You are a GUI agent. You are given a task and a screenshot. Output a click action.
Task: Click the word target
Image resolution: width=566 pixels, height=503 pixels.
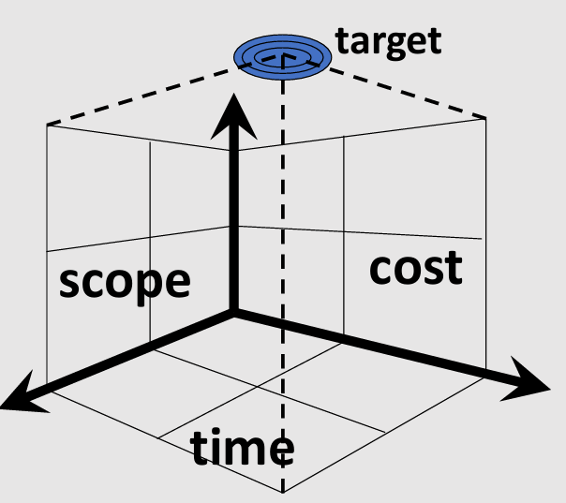388,40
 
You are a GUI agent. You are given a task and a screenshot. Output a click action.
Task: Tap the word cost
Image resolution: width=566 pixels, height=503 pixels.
415,268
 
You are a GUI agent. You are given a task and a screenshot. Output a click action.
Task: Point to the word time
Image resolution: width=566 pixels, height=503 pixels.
243,449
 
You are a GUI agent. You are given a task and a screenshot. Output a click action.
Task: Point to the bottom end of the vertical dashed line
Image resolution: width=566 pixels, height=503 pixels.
283,491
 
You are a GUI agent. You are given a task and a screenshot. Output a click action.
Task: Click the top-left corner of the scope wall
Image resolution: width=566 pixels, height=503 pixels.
47,124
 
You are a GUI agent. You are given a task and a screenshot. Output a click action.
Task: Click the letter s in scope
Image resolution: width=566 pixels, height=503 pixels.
71,283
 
